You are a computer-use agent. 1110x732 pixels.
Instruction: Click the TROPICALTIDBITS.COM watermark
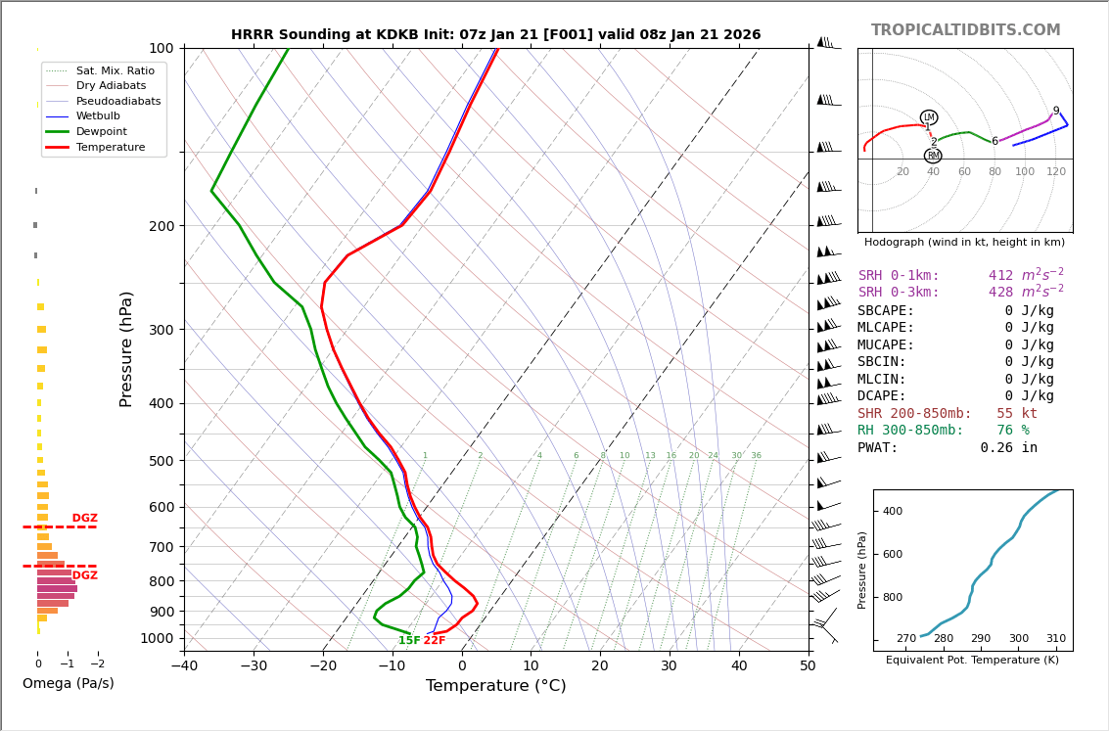[965, 30]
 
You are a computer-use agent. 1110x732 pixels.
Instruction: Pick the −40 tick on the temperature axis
[184, 665]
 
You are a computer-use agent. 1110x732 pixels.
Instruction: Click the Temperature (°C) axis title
[495, 686]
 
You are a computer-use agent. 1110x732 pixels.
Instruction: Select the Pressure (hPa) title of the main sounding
[127, 348]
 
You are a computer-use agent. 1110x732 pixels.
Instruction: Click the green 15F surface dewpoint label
[409, 641]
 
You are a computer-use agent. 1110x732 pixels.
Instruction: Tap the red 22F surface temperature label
[434, 641]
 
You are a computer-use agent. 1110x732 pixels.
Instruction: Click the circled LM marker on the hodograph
[929, 117]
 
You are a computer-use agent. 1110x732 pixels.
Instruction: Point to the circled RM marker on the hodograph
[933, 156]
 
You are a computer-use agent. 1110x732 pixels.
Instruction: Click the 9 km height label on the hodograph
[1056, 112]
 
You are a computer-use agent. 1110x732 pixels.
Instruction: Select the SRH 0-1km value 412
[1000, 276]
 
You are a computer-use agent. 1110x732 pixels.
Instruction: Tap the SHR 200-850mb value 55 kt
[1016, 414]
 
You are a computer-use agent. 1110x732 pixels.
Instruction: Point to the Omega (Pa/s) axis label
[69, 683]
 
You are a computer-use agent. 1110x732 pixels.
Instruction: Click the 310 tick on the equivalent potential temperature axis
[1055, 638]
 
